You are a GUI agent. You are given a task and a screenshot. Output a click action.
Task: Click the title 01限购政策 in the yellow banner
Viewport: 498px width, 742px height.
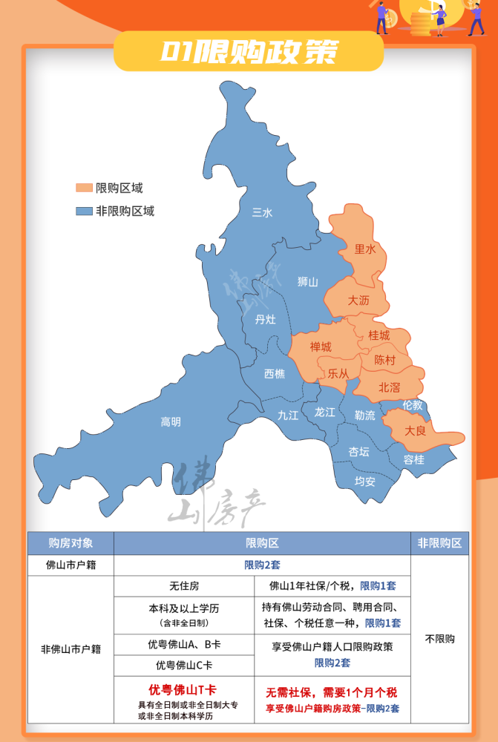pos(249,51)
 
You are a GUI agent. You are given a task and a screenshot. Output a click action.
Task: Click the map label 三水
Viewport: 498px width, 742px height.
pos(262,213)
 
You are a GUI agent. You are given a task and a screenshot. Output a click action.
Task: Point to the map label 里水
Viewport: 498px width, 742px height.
pos(366,249)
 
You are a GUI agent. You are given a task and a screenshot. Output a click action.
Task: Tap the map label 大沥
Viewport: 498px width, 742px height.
pos(358,301)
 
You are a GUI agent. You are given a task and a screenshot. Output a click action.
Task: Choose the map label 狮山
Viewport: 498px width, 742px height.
pos(307,282)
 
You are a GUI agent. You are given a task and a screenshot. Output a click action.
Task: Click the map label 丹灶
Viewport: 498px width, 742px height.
pos(265,319)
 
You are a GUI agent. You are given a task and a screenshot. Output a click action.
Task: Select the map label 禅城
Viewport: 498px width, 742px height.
pos(321,347)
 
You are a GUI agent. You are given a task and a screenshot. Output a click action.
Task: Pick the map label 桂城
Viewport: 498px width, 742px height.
pos(379,335)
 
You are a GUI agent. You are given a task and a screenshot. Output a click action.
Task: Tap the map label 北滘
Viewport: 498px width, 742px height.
pos(390,387)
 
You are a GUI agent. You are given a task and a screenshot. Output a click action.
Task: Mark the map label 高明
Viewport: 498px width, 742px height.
pos(171,422)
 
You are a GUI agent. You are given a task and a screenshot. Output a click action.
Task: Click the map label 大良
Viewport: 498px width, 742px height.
pos(415,430)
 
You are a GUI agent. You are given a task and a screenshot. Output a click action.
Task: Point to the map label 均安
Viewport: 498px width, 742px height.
pos(364,481)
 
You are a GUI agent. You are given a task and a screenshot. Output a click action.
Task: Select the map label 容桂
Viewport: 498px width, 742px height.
pos(414,459)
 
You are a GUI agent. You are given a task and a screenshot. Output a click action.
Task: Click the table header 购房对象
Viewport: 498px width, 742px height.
pos(71,543)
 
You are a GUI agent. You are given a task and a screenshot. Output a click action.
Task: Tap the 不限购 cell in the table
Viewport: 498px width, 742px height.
pos(439,638)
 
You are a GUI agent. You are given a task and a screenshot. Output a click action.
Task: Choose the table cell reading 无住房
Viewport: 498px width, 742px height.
pos(184,586)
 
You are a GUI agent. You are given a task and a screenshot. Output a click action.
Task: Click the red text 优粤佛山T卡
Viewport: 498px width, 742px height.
pos(182,689)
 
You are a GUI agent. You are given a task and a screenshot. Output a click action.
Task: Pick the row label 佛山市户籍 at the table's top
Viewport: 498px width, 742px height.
pos(71,565)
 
